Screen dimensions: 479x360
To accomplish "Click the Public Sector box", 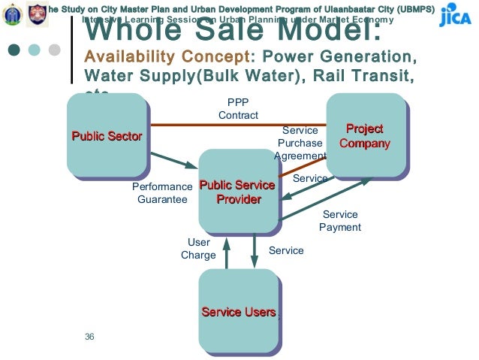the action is [x=106, y=135].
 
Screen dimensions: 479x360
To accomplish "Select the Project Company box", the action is [x=364, y=136].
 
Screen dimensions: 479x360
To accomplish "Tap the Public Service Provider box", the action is [x=236, y=192].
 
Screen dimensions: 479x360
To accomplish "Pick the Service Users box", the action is [x=238, y=312].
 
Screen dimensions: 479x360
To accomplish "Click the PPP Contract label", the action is [x=238, y=109].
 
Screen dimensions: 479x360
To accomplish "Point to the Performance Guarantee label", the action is [x=162, y=192].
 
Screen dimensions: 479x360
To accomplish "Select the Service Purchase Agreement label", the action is [x=300, y=143].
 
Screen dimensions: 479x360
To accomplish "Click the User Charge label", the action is [x=198, y=249].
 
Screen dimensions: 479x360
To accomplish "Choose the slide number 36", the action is [x=89, y=336].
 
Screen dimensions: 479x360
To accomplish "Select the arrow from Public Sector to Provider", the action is [x=173, y=162].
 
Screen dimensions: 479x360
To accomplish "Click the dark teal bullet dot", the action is [x=14, y=50].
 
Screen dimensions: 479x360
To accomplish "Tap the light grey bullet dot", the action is [x=53, y=50].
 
